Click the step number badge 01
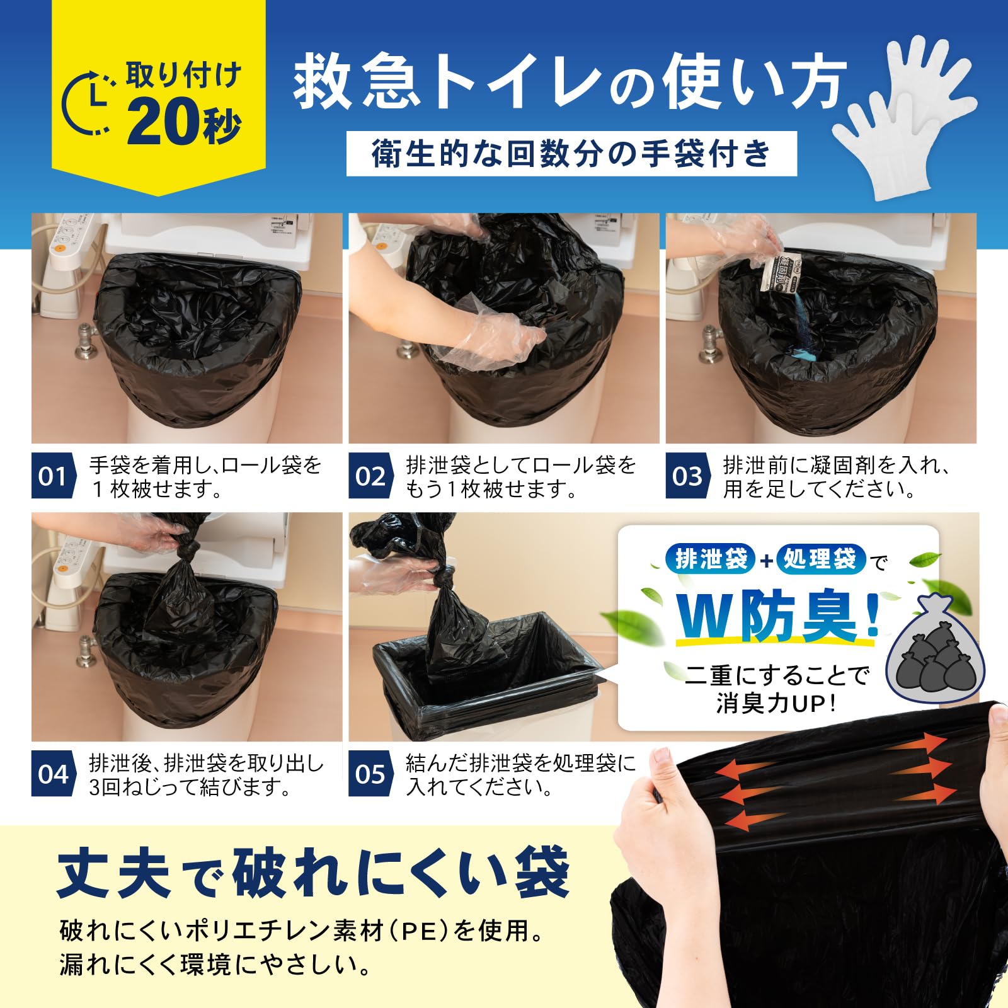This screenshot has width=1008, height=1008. click(x=52, y=476)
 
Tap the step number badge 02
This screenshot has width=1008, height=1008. click(x=370, y=476)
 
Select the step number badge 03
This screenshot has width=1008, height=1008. click(x=687, y=476)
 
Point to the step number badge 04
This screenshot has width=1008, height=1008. click(x=52, y=774)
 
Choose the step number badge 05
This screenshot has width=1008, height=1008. click(x=370, y=774)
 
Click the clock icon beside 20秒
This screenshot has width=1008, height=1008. click(x=88, y=104)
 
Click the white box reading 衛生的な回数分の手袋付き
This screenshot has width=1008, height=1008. click(x=571, y=154)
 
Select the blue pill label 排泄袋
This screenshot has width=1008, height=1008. click(x=710, y=559)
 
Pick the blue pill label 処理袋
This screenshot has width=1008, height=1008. click(x=820, y=559)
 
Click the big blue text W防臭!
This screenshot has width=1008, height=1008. click(x=778, y=617)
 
